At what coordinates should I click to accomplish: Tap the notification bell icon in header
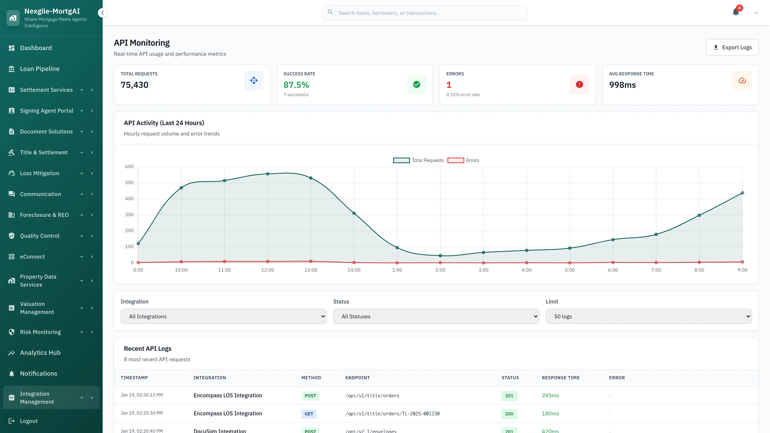[736, 12]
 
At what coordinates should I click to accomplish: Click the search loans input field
[425, 13]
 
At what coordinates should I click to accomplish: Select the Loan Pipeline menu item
[40, 69]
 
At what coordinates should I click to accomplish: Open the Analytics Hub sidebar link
[40, 353]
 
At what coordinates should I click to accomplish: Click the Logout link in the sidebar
[29, 421]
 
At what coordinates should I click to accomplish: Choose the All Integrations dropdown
[223, 316]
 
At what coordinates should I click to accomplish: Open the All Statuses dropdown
[436, 316]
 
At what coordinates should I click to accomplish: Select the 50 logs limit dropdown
[648, 316]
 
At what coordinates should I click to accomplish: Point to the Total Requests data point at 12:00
[267, 174]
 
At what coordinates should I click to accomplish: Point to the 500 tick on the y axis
[129, 183]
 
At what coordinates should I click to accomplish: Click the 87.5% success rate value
[296, 85]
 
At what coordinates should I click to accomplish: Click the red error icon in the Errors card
[579, 85]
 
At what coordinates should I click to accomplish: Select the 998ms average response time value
[622, 85]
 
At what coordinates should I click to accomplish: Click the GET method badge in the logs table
[308, 414]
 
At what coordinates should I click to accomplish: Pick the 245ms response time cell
[550, 395]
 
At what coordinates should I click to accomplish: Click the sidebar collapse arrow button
[102, 13]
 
